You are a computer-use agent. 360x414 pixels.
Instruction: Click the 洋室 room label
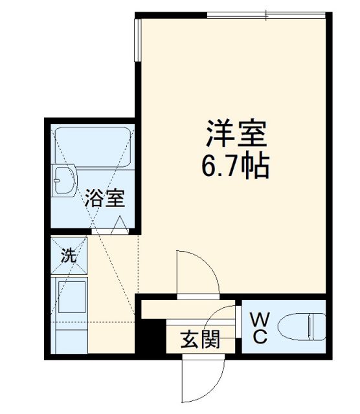point(236,135)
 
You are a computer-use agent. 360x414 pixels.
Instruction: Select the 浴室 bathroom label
point(104,198)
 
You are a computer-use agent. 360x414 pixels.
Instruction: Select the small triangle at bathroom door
point(119,226)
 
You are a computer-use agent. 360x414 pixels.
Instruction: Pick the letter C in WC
point(259,337)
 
